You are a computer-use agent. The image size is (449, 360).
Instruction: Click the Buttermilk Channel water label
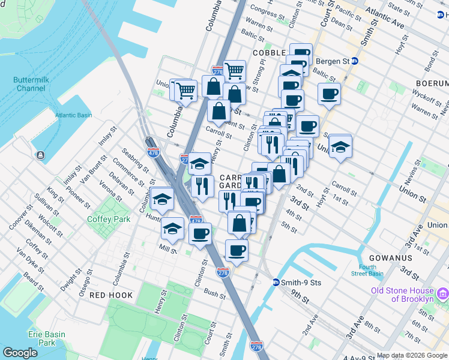(29, 84)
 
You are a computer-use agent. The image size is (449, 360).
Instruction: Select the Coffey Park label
(109, 220)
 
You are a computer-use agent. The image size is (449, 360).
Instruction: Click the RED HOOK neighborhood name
(107, 296)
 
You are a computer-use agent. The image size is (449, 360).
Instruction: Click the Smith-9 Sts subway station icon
(276, 282)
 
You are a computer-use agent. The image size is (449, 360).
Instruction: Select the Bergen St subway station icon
(354, 61)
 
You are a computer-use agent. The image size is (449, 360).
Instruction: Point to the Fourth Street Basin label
(368, 271)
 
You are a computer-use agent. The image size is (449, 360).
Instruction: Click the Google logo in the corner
(20, 353)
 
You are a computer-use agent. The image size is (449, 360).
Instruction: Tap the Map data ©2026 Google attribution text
(411, 355)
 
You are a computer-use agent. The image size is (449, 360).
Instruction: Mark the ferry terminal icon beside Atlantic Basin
(40, 155)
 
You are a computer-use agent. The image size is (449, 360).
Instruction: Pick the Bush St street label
(214, 293)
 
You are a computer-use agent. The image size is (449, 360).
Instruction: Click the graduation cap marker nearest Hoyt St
(340, 146)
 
